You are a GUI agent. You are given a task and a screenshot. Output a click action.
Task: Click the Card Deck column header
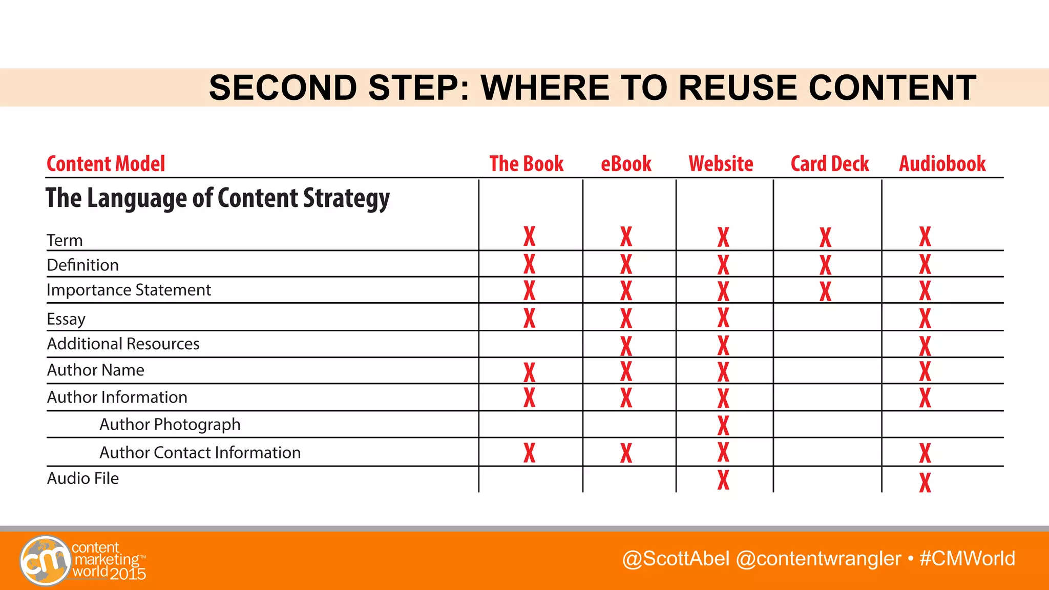(x=829, y=164)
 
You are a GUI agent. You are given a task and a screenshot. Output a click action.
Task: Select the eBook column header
(x=626, y=164)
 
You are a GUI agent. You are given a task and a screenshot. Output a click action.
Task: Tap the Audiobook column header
(x=942, y=164)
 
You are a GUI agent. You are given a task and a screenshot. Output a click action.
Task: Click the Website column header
(x=721, y=164)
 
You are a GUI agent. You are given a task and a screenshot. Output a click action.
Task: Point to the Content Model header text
(x=106, y=164)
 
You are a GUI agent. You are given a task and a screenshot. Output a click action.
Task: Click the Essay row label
(x=66, y=319)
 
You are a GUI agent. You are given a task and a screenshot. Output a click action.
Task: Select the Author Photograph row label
(x=170, y=425)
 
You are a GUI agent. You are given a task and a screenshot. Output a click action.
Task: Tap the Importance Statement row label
(x=129, y=290)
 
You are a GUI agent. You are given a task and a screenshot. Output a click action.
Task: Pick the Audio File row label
(x=83, y=478)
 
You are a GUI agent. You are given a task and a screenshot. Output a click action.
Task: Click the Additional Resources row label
(x=123, y=344)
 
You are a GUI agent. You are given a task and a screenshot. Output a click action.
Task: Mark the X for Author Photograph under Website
(x=723, y=425)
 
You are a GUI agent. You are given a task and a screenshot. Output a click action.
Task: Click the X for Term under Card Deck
(x=825, y=238)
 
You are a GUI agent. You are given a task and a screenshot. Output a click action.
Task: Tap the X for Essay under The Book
(x=529, y=318)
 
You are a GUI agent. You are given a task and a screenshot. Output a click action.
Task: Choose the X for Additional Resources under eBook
(x=626, y=346)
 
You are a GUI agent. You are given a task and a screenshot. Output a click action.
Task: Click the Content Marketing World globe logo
(x=45, y=560)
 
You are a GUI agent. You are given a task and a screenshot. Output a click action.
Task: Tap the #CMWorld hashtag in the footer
(x=967, y=558)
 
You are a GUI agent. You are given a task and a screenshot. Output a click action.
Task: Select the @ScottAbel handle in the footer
(x=676, y=558)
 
